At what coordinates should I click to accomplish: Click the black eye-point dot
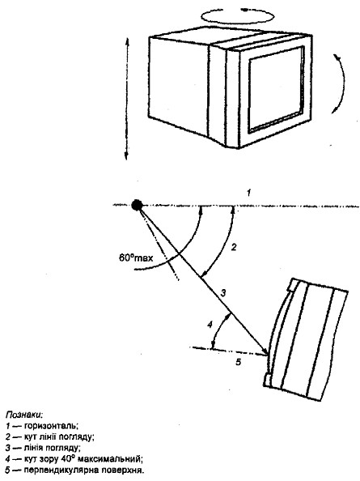pos(137,205)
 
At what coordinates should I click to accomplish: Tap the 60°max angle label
pos(136,258)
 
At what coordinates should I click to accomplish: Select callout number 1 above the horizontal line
pos(249,193)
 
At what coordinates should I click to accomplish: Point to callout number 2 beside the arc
pos(234,247)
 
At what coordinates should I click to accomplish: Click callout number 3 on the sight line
pos(223,292)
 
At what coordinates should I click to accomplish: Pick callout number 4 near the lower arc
pos(210,324)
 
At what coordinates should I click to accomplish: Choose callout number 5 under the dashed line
pos(238,362)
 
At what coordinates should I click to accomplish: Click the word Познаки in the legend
pos(24,415)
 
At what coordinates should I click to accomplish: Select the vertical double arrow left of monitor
pos(127,99)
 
